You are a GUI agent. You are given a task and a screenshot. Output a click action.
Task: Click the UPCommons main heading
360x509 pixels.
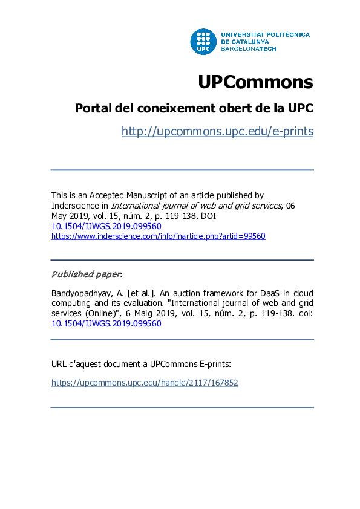coord(255,82)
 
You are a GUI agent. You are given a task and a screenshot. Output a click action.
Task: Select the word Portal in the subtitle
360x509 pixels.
coord(92,108)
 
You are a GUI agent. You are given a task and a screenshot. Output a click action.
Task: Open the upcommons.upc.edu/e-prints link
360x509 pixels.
coord(217,131)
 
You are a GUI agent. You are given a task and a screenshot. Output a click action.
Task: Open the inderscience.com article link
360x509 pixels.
coord(158,236)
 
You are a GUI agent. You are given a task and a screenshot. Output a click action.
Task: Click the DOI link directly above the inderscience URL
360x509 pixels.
coord(106,225)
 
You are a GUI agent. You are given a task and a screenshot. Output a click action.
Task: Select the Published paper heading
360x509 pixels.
coord(86,274)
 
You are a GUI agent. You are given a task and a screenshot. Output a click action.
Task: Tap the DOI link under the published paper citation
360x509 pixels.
coord(106,323)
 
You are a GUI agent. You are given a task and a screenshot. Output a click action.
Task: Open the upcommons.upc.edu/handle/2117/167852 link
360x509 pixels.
coord(145,383)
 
